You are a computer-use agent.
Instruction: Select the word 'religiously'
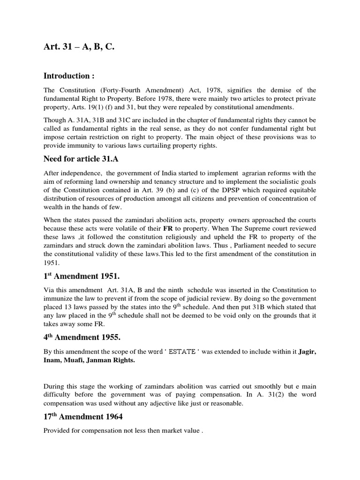tap(180, 237)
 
